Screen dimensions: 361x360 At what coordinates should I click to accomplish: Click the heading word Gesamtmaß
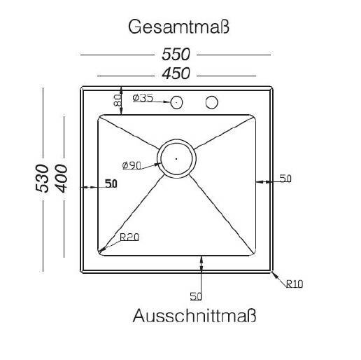[178, 27]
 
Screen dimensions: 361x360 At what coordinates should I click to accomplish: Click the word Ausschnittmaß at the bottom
[194, 316]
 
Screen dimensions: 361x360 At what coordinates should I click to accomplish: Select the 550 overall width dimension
[176, 55]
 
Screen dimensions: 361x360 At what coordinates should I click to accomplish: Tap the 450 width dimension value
[176, 74]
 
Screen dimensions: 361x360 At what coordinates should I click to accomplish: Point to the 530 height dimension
[42, 179]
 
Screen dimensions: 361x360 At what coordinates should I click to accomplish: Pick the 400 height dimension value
[61, 179]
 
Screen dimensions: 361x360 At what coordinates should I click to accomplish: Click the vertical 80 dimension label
[118, 100]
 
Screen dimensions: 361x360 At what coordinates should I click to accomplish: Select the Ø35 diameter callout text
[143, 98]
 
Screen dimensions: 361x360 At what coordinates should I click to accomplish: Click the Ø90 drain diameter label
[132, 165]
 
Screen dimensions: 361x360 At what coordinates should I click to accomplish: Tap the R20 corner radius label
[129, 237]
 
